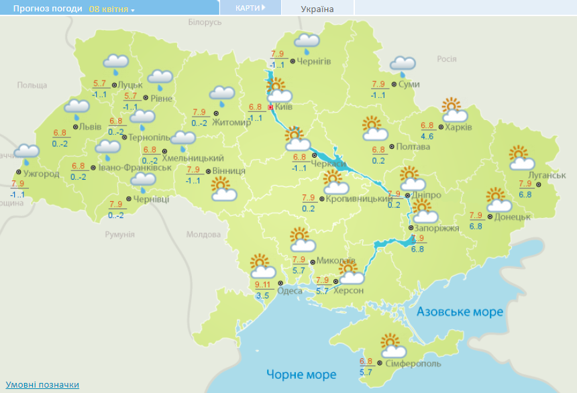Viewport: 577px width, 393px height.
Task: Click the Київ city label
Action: (x=284, y=107)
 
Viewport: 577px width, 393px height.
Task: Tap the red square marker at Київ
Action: (x=270, y=107)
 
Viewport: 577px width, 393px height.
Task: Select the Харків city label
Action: (x=458, y=127)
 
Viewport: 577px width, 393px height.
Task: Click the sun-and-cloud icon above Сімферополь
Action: (x=393, y=347)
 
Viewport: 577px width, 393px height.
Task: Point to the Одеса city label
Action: (x=289, y=290)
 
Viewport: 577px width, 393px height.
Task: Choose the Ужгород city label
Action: (x=42, y=174)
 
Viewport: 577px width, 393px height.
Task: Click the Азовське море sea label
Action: (x=460, y=312)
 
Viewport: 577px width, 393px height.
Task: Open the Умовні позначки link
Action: (x=43, y=384)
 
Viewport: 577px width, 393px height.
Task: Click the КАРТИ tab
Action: (x=250, y=7)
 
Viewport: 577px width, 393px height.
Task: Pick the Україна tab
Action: (x=317, y=9)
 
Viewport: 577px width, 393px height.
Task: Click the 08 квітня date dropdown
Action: (x=111, y=9)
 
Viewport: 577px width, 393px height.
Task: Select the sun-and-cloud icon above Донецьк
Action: (x=497, y=200)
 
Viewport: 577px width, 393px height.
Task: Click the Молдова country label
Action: (x=203, y=235)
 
